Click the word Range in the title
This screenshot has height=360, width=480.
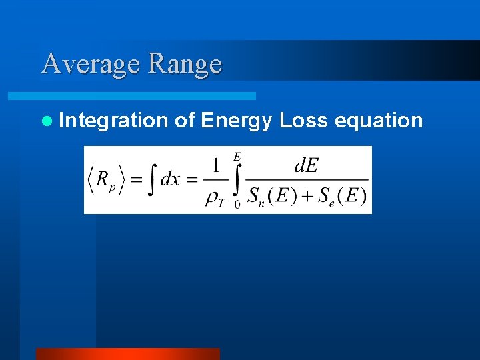[185, 64]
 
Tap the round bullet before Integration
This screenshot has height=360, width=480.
[46, 121]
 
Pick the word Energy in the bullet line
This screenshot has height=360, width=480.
[237, 121]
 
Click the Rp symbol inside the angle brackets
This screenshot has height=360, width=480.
[104, 181]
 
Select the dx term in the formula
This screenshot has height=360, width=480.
[170, 181]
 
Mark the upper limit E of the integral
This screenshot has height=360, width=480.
[237, 157]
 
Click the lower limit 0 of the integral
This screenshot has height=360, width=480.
[237, 205]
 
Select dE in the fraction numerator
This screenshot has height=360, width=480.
[306, 165]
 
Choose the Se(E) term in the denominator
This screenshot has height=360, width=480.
[341, 197]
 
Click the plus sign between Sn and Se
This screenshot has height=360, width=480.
[303, 197]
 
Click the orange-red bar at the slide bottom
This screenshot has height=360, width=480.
[127, 353]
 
